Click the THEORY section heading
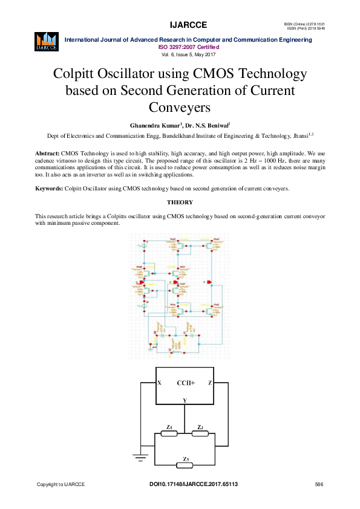180,202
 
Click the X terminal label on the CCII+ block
159,383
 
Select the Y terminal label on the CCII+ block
185,401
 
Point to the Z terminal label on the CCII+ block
210,383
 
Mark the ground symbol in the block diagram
141,457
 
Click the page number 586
319,485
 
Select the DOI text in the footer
193,485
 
